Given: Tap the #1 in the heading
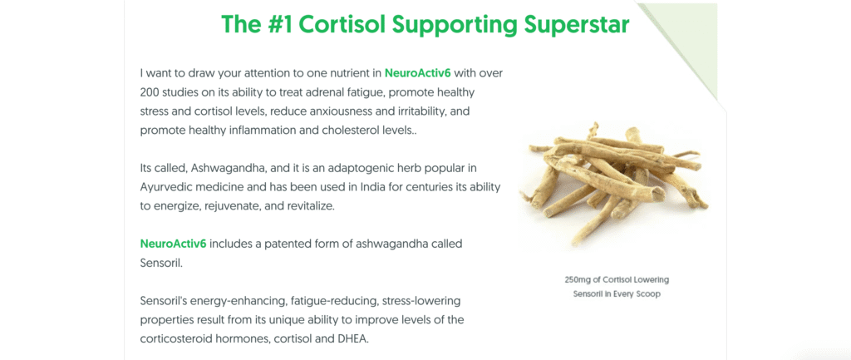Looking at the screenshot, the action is click(279, 25).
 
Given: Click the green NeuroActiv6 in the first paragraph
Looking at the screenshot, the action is click(417, 73).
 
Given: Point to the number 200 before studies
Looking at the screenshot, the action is click(150, 93).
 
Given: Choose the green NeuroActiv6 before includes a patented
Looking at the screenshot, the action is click(173, 244).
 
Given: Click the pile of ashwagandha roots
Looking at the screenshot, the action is click(613, 183).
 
